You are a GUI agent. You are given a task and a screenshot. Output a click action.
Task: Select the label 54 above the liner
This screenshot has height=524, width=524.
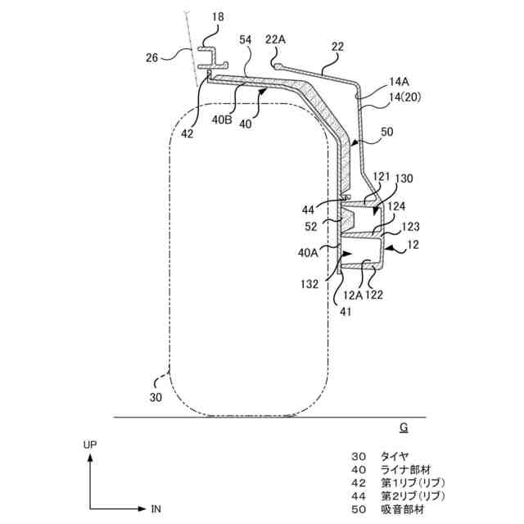[246, 39]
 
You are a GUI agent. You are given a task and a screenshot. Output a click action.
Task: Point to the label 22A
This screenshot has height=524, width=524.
[276, 39]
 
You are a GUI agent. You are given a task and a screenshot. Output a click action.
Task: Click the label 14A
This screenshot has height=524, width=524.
[398, 82]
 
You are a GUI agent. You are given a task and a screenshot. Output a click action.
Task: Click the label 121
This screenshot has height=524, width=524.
[382, 177]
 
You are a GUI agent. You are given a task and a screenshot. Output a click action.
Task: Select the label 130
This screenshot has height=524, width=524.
[404, 178]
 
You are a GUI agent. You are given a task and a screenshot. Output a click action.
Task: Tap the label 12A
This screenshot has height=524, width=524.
[353, 296]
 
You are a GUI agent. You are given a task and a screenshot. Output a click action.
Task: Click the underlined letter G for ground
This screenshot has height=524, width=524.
[403, 427]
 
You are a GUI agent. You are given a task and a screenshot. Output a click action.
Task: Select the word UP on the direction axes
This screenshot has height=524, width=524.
[90, 445]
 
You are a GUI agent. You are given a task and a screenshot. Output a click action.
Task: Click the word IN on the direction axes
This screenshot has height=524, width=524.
[156, 509]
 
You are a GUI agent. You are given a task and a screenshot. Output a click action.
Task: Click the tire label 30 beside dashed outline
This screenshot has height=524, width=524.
[156, 397]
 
